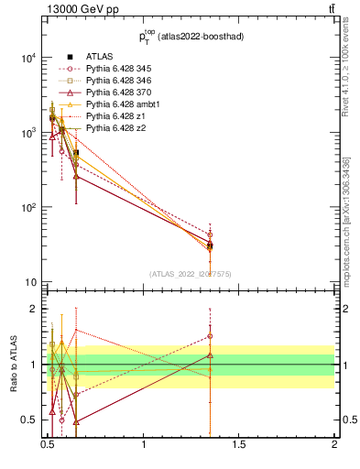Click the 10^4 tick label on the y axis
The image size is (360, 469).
click(x=27, y=57)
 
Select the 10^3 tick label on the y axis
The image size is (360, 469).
click(x=27, y=133)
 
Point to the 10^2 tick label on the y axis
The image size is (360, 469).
click(x=27, y=208)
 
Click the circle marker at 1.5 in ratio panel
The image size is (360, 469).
click(x=210, y=336)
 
